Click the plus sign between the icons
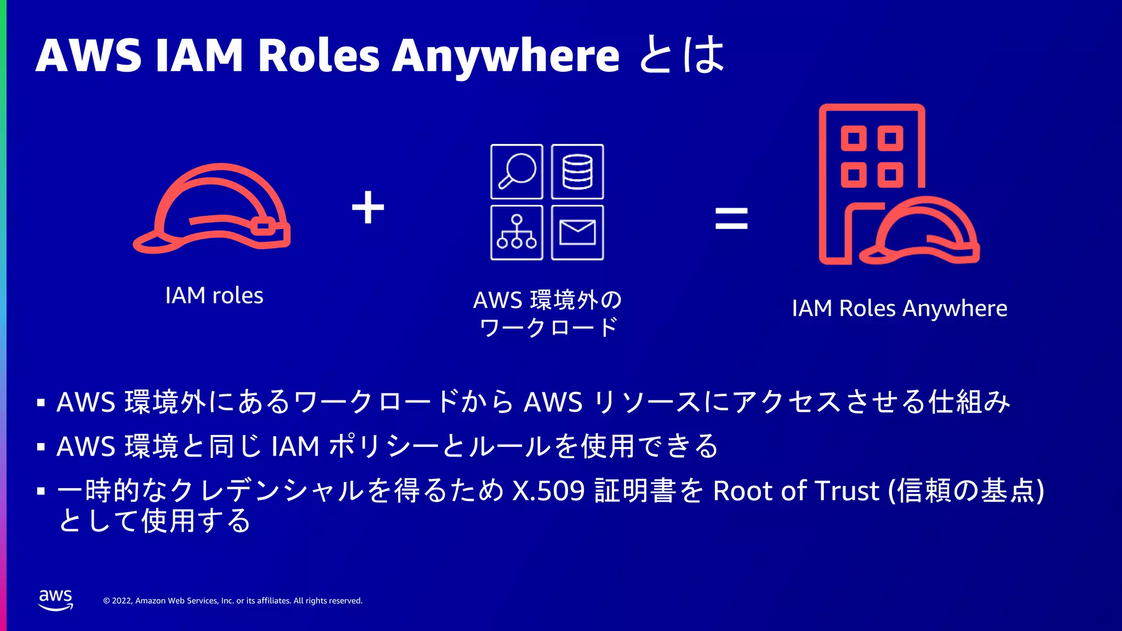[x=368, y=208]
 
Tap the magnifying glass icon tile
[x=517, y=171]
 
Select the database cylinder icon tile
[x=577, y=171]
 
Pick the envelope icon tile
[x=577, y=232]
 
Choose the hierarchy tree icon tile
[x=517, y=232]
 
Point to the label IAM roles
[x=214, y=296]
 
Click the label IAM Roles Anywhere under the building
[x=899, y=308]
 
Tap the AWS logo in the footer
[x=55, y=600]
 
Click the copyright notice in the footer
[x=233, y=601]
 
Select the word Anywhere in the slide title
[x=506, y=56]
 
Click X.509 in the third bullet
[x=548, y=491]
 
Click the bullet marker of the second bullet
[x=41, y=447]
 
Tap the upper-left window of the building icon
[x=854, y=138]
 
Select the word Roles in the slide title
[x=318, y=56]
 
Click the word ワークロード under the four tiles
[x=548, y=328]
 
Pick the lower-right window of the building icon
[x=890, y=175]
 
